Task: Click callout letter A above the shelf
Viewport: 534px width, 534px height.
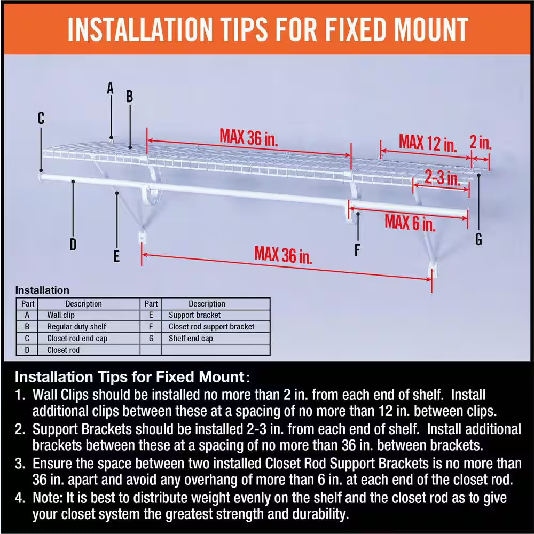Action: point(111,88)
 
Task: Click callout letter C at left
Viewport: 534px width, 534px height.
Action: point(41,118)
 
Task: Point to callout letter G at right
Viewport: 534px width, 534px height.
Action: point(478,239)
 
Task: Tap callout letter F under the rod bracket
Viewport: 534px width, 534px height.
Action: point(357,249)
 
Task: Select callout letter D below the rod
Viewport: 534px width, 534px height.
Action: point(73,245)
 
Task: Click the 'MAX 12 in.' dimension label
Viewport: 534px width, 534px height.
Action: point(428,143)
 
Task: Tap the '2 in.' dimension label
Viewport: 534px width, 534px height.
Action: point(481,143)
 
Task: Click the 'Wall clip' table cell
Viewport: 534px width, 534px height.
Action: point(61,315)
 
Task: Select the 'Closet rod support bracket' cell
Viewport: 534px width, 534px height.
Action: point(211,327)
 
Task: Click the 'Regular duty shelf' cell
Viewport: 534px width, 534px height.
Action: point(76,327)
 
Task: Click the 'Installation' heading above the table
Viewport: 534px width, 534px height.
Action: point(42,290)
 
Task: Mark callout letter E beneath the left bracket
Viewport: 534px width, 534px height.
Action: point(116,256)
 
